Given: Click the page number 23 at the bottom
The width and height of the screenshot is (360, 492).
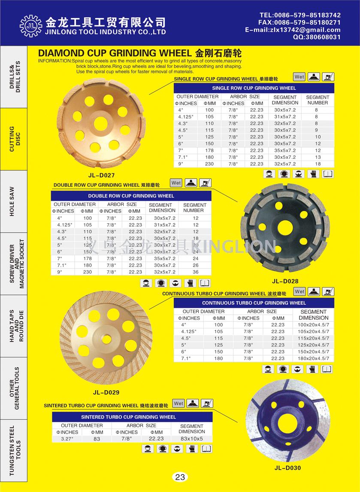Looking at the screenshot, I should click(180, 477).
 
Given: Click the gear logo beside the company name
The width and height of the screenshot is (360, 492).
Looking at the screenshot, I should click(28, 25).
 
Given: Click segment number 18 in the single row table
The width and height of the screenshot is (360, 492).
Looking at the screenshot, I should click(318, 164).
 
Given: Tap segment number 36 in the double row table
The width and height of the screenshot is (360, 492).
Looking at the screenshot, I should click(196, 272).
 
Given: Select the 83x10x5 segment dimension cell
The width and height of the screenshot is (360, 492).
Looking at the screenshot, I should click(191, 439).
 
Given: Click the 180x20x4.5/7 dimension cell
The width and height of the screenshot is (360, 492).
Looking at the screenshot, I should click(314, 358).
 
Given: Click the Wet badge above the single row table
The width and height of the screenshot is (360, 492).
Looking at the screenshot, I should click(299, 77).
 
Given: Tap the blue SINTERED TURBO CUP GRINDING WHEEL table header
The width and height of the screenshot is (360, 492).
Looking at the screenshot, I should click(128, 417).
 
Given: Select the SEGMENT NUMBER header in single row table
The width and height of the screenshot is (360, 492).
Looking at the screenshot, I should click(318, 100).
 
